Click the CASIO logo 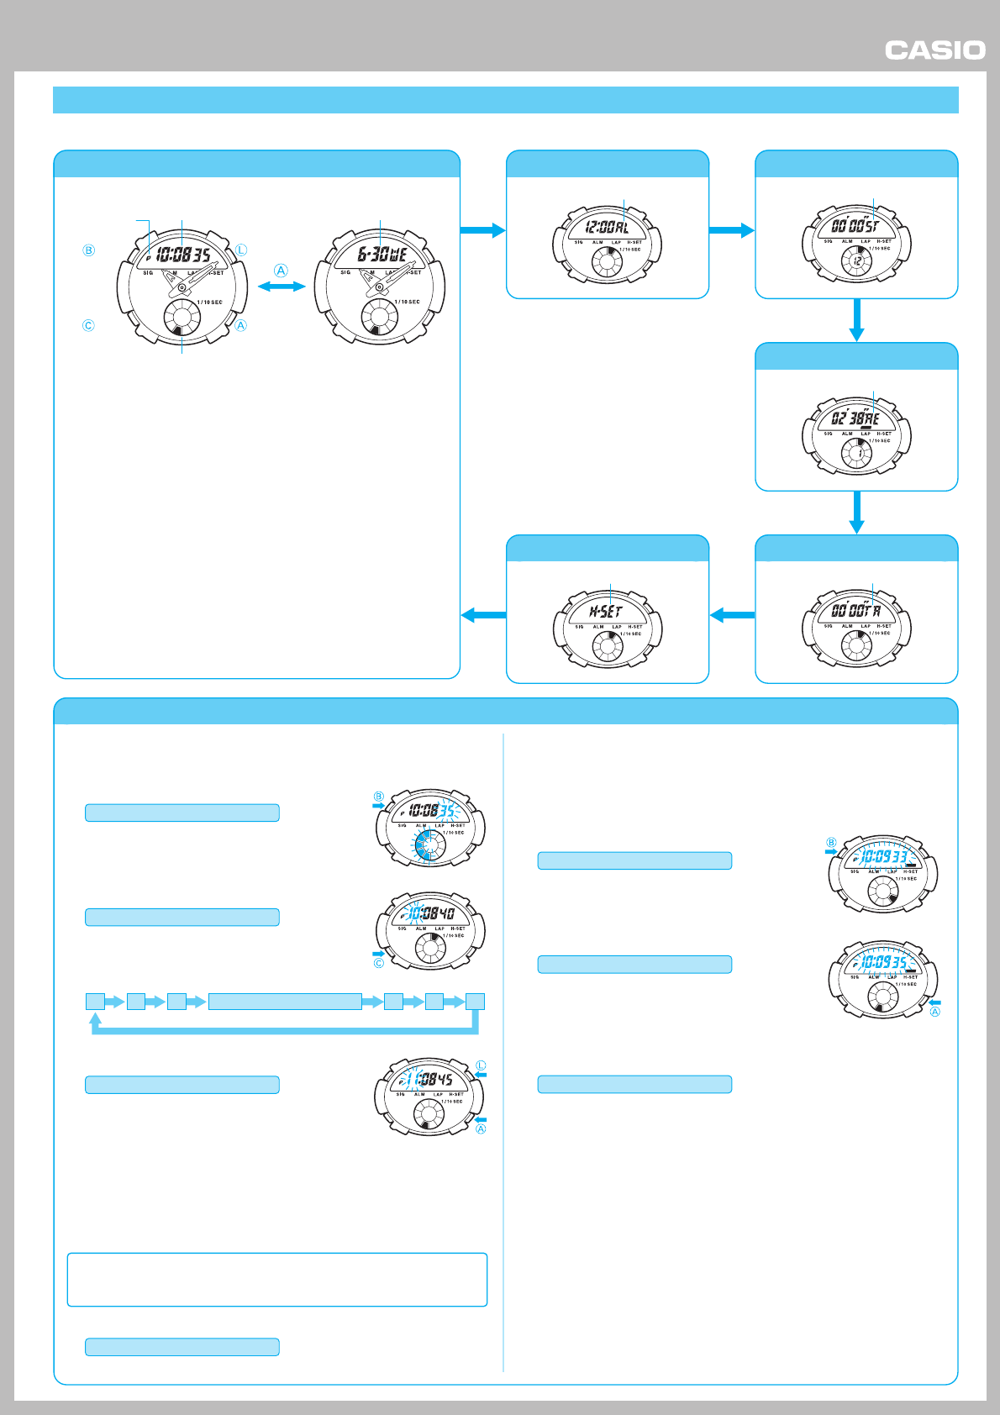[x=934, y=50]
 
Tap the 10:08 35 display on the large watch [x=182, y=255]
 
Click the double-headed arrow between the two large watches [x=282, y=287]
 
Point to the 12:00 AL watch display [x=607, y=227]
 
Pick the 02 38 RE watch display [x=855, y=418]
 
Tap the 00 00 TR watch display [x=855, y=611]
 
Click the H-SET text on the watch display [x=606, y=612]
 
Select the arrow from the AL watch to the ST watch [x=732, y=230]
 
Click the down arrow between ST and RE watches [x=856, y=320]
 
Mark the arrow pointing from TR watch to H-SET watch [x=732, y=616]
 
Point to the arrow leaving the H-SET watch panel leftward [x=483, y=616]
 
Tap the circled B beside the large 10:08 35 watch [x=88, y=250]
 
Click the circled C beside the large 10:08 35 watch [x=88, y=325]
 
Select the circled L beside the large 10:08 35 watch [x=241, y=250]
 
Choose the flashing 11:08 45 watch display [x=429, y=1079]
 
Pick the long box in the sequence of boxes [x=285, y=1001]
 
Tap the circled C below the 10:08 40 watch [x=379, y=963]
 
